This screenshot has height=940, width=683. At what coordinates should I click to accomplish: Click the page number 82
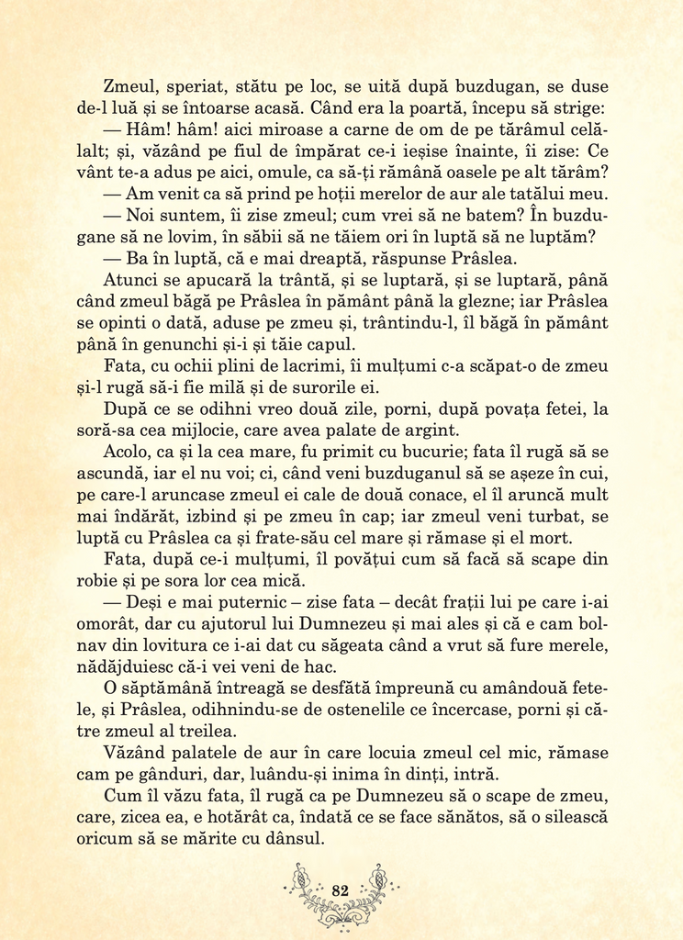pos(341,890)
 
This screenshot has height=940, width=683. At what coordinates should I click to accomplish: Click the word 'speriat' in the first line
pos(188,87)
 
